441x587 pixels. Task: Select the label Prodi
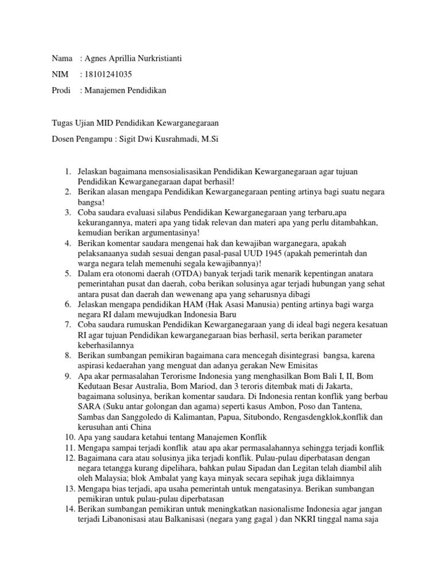(x=60, y=91)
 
